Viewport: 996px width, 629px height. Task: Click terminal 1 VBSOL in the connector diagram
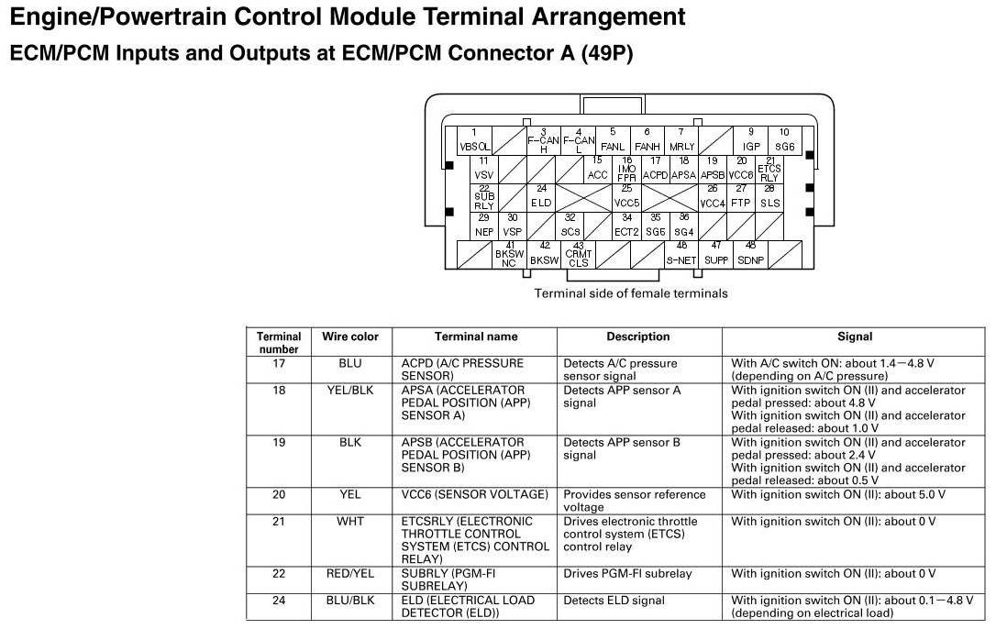point(474,139)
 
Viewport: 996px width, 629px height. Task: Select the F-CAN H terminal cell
point(543,140)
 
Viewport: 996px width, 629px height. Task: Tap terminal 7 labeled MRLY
point(681,140)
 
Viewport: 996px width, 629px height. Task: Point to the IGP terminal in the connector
point(751,139)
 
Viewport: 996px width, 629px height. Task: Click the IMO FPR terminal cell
point(626,169)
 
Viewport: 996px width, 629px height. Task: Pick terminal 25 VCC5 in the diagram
point(626,196)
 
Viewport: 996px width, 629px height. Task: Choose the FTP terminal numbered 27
point(740,196)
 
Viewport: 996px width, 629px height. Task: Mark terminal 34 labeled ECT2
point(626,226)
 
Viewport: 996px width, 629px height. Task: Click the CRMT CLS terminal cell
point(578,255)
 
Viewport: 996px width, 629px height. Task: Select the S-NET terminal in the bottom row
point(681,254)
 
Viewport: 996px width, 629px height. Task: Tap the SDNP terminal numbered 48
point(750,254)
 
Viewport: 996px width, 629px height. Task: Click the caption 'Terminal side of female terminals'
point(631,293)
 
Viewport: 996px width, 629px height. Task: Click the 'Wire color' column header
point(350,337)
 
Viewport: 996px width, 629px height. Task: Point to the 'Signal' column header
point(854,337)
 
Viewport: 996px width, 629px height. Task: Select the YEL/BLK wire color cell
point(350,391)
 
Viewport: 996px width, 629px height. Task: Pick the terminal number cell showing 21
point(279,521)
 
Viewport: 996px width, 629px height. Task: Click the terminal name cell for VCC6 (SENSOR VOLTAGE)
point(474,494)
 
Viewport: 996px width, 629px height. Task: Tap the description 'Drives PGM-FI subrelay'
point(627,574)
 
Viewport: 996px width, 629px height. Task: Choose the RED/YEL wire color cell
point(350,574)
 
